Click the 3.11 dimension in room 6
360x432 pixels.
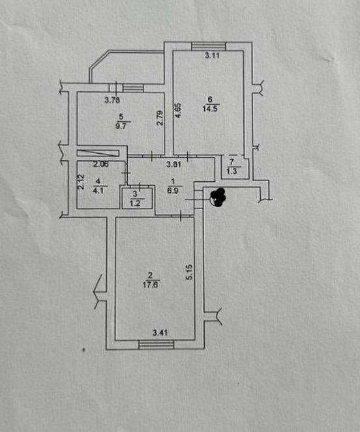click(x=212, y=55)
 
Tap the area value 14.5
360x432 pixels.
click(x=210, y=108)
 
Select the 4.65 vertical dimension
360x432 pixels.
click(x=178, y=111)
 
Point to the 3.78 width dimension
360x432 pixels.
click(x=112, y=100)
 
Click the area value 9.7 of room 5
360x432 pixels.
click(x=121, y=126)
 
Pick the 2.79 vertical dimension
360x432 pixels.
click(x=160, y=118)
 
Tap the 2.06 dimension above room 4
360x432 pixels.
click(x=101, y=164)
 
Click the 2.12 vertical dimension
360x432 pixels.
click(x=81, y=182)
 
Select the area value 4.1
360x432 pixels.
click(x=98, y=190)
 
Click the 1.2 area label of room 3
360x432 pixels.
click(x=135, y=203)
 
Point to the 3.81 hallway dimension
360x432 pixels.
click(x=173, y=164)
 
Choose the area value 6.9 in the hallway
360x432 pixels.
click(x=173, y=190)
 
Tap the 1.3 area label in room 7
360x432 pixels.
click(x=232, y=171)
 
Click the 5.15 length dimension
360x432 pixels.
click(x=189, y=272)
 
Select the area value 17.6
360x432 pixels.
click(x=151, y=284)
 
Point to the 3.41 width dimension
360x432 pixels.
click(x=160, y=333)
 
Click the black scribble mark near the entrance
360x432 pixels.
click(x=218, y=197)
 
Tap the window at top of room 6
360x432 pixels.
click(x=209, y=46)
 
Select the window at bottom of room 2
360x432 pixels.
click(x=157, y=345)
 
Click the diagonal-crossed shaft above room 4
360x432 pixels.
click(x=98, y=153)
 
